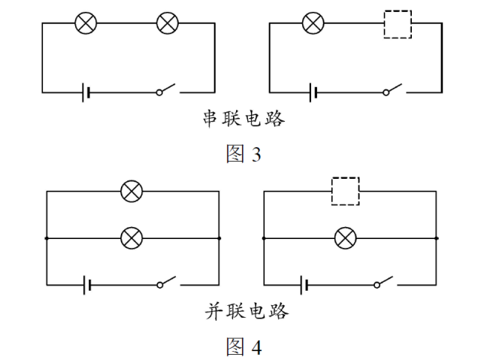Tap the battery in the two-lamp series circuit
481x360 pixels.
[x=88, y=92]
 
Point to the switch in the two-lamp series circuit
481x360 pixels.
[x=167, y=91]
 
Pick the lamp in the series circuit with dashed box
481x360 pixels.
[x=312, y=23]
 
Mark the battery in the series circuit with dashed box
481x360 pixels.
[x=313, y=92]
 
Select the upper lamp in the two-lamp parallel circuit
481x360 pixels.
[x=132, y=192]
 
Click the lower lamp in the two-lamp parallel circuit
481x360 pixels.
[x=132, y=238]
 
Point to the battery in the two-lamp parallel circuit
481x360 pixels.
[x=89, y=285]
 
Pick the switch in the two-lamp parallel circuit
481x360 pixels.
[x=167, y=283]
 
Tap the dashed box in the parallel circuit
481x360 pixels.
[x=346, y=192]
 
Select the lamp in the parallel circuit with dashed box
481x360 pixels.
[x=345, y=238]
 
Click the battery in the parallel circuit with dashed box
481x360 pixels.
[x=304, y=285]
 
